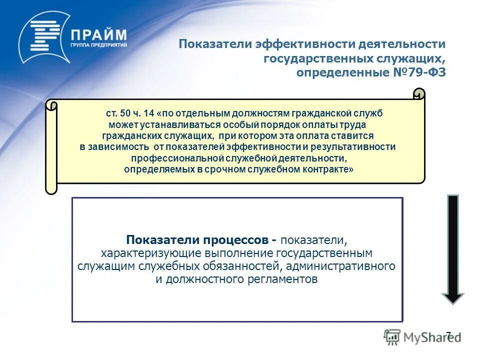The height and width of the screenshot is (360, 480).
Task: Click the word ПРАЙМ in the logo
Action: pos(98,35)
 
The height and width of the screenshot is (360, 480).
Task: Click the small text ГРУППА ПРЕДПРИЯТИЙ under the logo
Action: pos(98,46)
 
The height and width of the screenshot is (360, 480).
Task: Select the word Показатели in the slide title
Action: pos(215,44)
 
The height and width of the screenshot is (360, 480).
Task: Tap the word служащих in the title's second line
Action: pos(411,58)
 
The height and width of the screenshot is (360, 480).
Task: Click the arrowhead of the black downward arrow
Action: pos(453,297)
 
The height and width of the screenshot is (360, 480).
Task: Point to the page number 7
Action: pos(448,335)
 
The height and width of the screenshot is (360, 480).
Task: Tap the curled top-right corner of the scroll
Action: pos(419,93)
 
